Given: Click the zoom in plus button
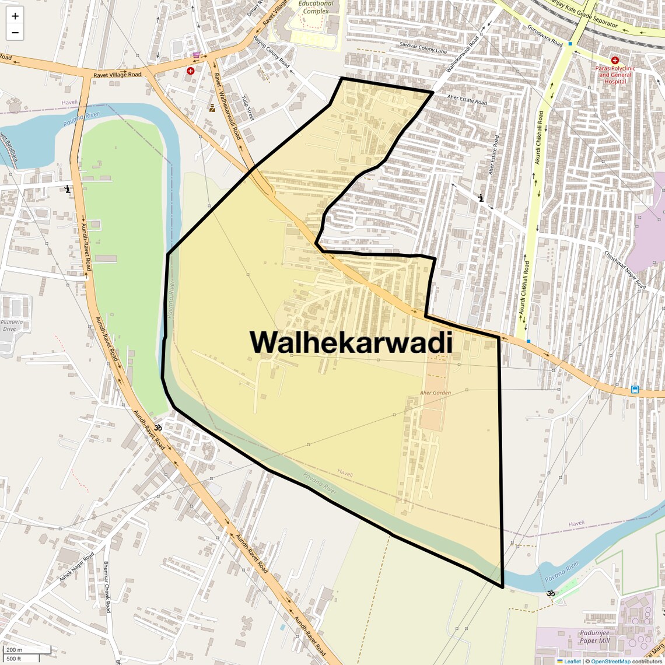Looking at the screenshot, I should (15, 16).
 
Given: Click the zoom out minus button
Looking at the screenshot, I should (15, 33).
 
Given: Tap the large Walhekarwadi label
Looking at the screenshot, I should (351, 342).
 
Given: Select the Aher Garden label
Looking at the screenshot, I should (435, 393).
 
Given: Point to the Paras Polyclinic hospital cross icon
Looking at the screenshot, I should (615, 60).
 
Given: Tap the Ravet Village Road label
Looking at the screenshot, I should (117, 75).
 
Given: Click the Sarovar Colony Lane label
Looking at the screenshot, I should (423, 47).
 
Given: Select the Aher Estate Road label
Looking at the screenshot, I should (467, 100).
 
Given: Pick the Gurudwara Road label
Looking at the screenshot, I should (545, 36).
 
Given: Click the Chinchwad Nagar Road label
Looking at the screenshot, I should (625, 270).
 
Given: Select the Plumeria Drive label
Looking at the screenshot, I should (12, 325).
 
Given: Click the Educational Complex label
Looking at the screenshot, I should (316, 7).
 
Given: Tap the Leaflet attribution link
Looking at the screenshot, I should (572, 661).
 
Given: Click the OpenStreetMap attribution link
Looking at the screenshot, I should (610, 661).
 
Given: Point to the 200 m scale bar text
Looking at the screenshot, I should (14, 650).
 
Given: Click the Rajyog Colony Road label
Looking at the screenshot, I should (271, 51).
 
